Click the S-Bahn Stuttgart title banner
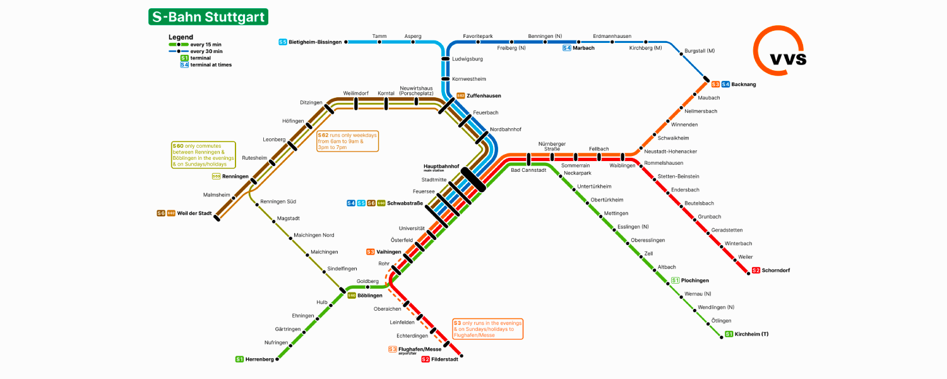click(208, 17)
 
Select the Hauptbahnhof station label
click(441, 167)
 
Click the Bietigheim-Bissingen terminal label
click(314, 42)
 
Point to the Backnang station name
click(743, 84)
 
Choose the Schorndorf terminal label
click(775, 270)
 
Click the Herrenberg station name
click(259, 359)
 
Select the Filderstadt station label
click(445, 359)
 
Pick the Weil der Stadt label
click(194, 214)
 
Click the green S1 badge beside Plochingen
click(676, 280)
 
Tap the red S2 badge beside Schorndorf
click(756, 270)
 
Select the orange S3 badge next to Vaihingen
click(371, 252)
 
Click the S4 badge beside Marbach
click(567, 48)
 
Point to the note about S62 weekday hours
click(347, 141)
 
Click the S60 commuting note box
click(203, 155)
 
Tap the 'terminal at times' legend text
click(211, 64)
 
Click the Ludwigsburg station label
click(467, 59)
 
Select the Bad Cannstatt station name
click(528, 170)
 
